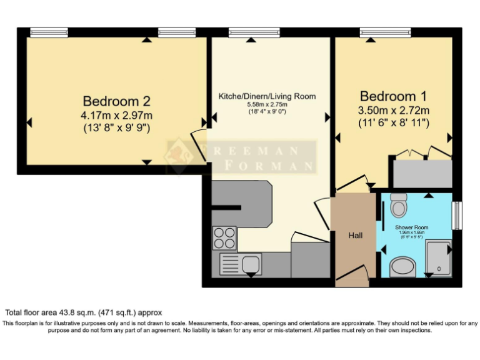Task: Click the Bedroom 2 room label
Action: pos(117,101)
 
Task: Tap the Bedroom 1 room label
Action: pos(394,96)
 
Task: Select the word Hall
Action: pos(355,236)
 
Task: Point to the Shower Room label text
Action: pos(411,227)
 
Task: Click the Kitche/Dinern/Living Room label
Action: pos(267,96)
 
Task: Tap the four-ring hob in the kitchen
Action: pos(224,238)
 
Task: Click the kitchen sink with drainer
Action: pos(240,264)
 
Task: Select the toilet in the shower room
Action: pos(398,203)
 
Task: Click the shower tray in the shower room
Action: pos(439,257)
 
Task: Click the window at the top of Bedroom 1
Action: pos(385,32)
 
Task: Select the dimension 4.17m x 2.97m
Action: pos(117,116)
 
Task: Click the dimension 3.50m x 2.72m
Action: pos(394,111)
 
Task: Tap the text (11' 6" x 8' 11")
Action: pos(394,123)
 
